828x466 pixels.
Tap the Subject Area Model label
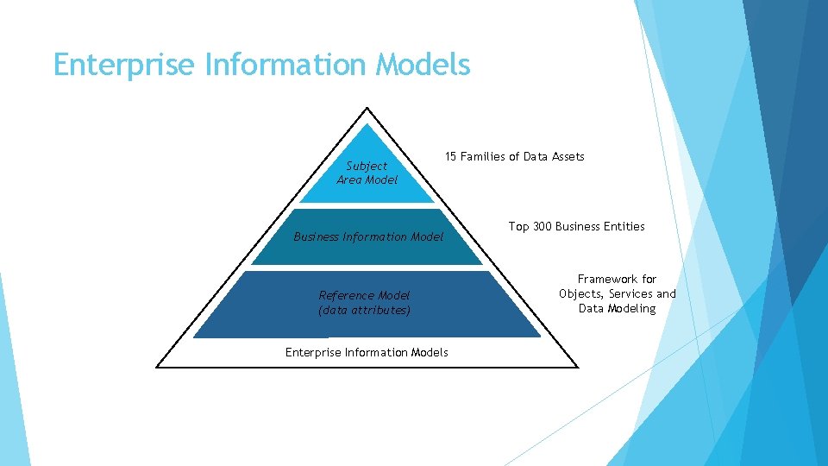point(367,173)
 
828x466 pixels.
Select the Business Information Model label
point(368,236)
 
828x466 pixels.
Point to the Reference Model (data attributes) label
point(365,302)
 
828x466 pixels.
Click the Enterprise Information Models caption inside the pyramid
point(367,352)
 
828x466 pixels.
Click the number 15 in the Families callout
point(450,156)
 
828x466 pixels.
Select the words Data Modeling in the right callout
point(617,308)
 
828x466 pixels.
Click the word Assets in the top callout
point(566,156)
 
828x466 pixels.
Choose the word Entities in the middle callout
point(624,226)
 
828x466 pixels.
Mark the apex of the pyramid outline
point(367,108)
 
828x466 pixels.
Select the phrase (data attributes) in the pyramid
point(364,309)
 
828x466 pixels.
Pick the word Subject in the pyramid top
point(367,166)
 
